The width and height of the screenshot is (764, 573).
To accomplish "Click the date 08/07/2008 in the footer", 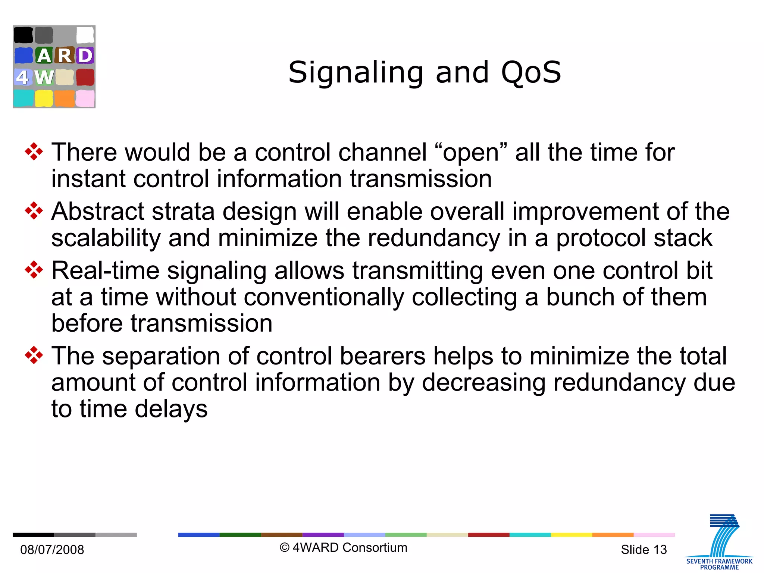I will tap(52, 549).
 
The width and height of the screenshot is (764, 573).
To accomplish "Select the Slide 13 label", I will tap(644, 549).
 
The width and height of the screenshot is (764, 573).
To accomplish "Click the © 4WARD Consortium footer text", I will tap(344, 548).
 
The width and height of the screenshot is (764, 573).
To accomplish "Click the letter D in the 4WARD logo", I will tap(85, 56).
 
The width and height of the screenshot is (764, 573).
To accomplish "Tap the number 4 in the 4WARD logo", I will tap(22, 77).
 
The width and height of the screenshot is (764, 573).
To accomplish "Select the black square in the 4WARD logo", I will tap(23, 35).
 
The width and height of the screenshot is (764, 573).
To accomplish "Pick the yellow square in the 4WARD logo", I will tap(44, 98).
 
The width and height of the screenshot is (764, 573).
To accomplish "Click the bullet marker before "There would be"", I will tap(34, 152).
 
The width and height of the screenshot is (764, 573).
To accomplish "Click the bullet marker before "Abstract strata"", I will tap(34, 211).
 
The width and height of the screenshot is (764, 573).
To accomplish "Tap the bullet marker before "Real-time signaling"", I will tap(34, 270).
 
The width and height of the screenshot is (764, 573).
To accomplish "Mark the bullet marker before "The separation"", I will tap(34, 356).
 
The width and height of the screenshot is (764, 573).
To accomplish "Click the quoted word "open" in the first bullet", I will tap(471, 153).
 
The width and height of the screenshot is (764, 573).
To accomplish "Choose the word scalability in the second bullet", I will tap(106, 238).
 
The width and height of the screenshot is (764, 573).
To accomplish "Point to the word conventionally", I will tap(324, 297).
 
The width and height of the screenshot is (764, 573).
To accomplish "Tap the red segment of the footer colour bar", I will tap(488, 535).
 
